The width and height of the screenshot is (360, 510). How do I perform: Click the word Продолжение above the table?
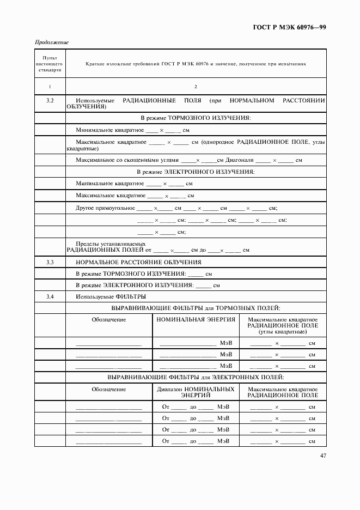pyautogui.click(x=52, y=42)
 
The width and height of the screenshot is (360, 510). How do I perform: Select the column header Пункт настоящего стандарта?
pyautogui.click(x=50, y=64)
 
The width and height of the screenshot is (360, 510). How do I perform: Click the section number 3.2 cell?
pyautogui.click(x=50, y=101)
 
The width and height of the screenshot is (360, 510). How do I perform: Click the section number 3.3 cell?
pyautogui.click(x=50, y=262)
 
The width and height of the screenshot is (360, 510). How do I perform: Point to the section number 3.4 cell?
pyautogui.click(x=50, y=296)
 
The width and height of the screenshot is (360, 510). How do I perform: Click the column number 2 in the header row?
pyautogui.click(x=196, y=87)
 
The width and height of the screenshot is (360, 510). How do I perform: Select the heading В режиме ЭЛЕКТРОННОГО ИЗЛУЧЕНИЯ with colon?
pyautogui.click(x=196, y=172)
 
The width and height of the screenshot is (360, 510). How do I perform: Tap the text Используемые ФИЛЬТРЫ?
pyautogui.click(x=111, y=296)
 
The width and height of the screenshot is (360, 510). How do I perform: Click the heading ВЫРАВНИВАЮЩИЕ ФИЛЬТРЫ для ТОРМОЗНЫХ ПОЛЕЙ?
pyautogui.click(x=196, y=308)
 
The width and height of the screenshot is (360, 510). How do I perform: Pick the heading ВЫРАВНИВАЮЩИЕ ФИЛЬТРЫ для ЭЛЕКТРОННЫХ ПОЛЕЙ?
pyautogui.click(x=196, y=377)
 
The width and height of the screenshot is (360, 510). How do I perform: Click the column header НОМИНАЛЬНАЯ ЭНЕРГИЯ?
pyautogui.click(x=196, y=320)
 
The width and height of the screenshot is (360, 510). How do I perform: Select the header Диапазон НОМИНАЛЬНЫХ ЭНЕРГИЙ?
pyautogui.click(x=196, y=392)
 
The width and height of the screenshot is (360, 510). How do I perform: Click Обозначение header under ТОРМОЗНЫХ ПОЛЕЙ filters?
pyautogui.click(x=109, y=320)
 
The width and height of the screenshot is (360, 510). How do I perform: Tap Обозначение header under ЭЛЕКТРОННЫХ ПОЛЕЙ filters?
pyautogui.click(x=109, y=390)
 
